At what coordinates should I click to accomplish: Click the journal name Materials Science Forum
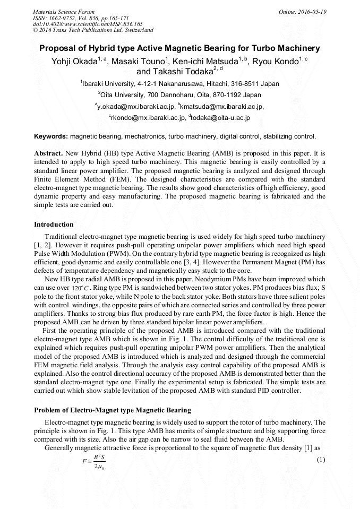click(x=64, y=11)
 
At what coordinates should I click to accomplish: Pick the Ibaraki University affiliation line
click(x=180, y=84)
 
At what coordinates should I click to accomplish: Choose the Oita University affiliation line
click(x=180, y=95)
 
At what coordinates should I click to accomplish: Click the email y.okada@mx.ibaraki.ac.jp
click(x=135, y=106)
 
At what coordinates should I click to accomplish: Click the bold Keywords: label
click(x=51, y=136)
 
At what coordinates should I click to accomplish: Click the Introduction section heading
click(x=54, y=225)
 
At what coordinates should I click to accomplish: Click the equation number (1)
click(x=320, y=459)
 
